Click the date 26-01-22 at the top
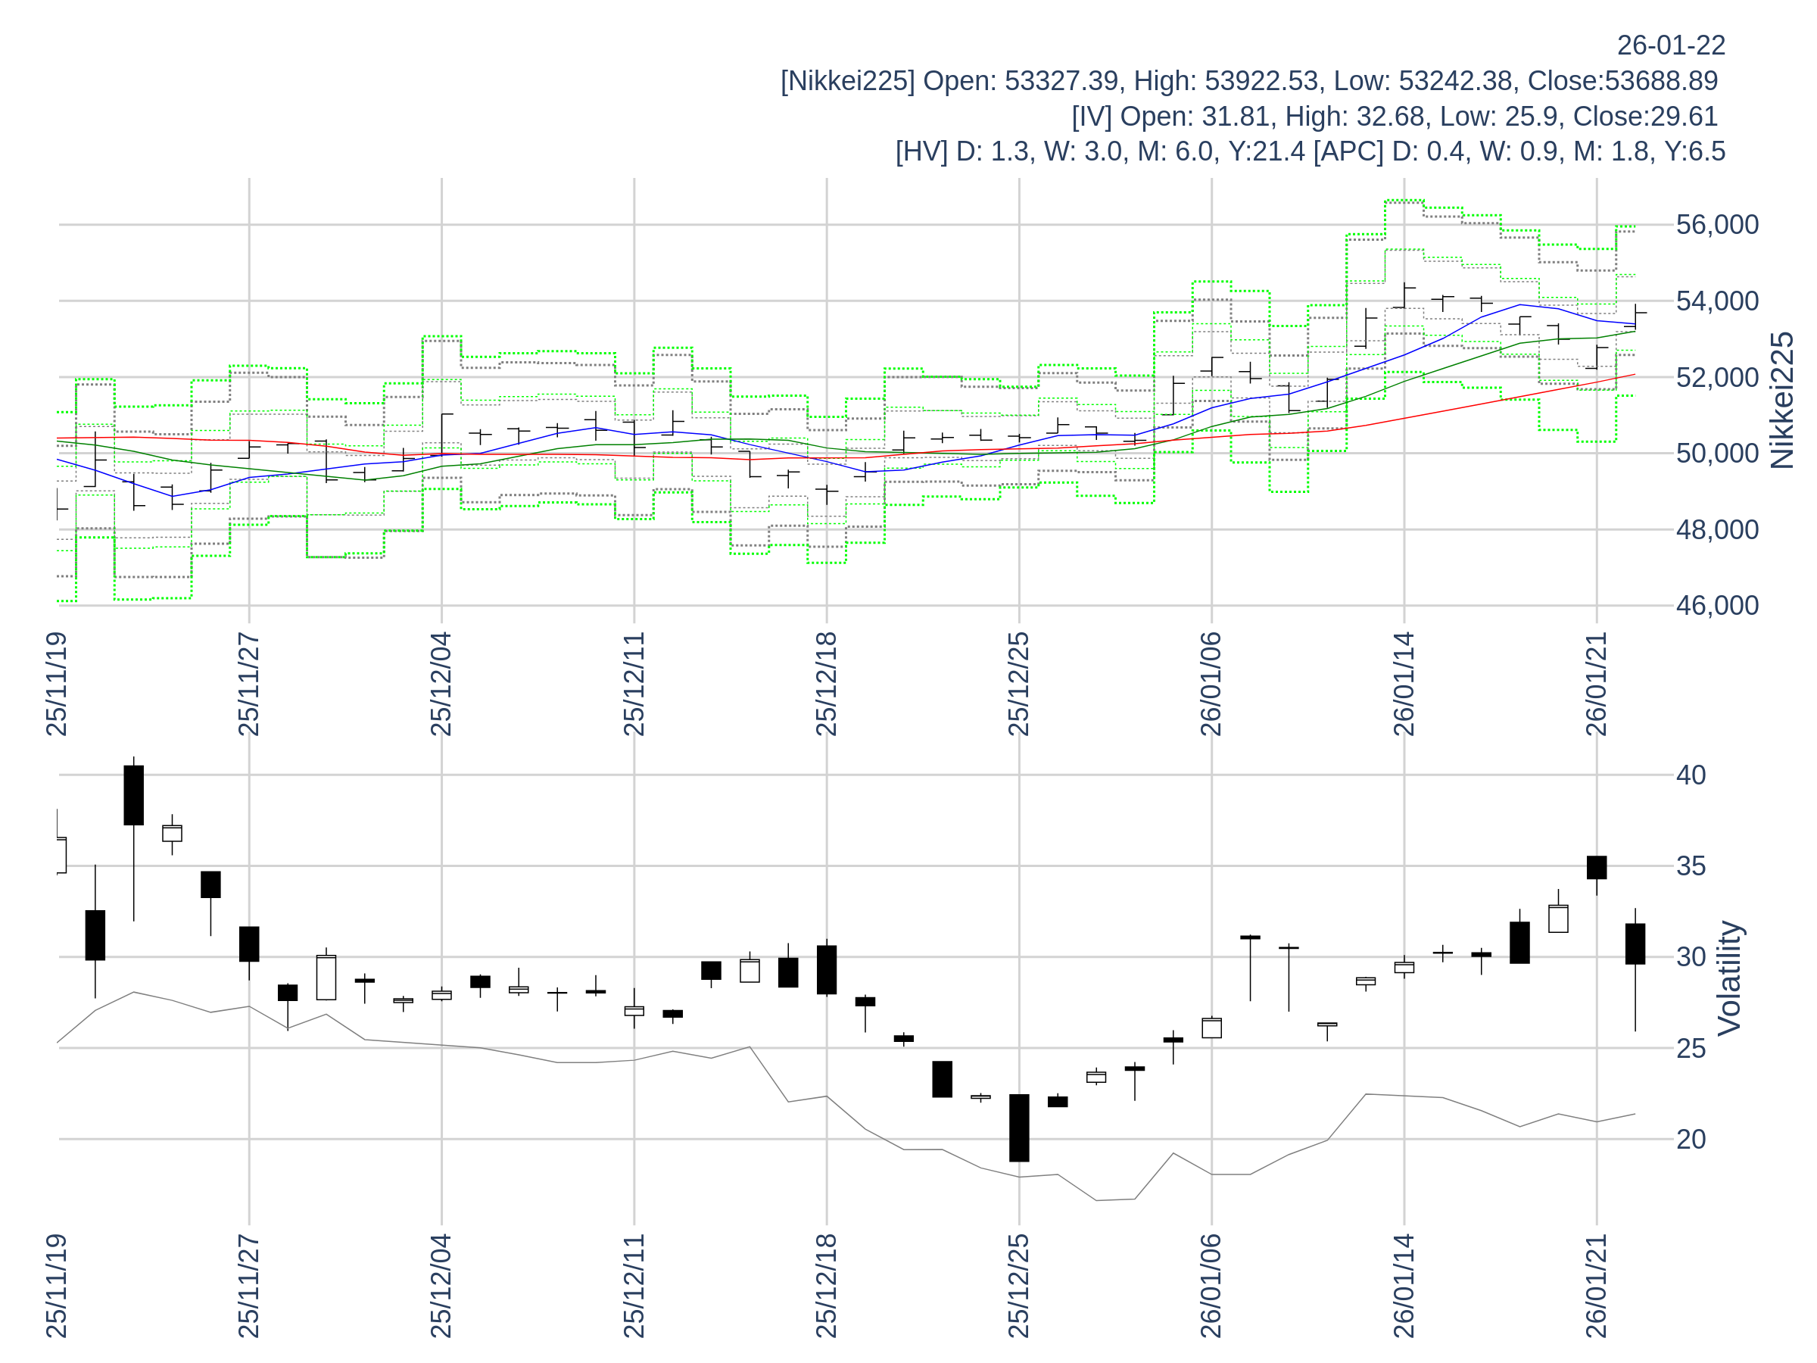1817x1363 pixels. coord(1671,45)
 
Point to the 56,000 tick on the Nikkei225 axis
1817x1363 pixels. coord(1717,224)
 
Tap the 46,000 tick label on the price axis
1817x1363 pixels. coord(1717,606)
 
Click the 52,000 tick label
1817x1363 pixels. coord(1717,377)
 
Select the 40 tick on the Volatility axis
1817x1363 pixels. coord(1691,775)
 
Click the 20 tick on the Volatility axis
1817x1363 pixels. coord(1691,1139)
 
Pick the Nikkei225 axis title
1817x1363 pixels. coord(1781,400)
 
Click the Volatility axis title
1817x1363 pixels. coord(1729,978)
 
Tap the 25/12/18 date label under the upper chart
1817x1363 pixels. coord(827,684)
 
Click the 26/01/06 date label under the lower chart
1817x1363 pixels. coord(1211,1285)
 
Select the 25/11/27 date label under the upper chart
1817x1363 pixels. coord(249,684)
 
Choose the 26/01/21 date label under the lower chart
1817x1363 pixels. coord(1596,1285)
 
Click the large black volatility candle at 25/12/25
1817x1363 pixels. coord(1018,1128)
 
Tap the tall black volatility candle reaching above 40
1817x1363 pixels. coord(133,794)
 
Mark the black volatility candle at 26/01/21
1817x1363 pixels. coord(1596,867)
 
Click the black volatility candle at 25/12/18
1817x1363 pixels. coord(827,969)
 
